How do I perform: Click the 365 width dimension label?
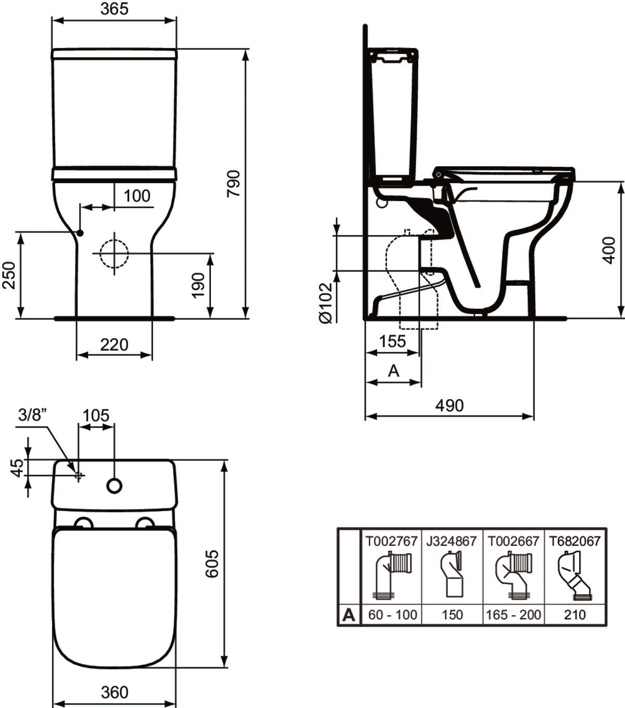(114, 9)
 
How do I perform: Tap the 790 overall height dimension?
(233, 183)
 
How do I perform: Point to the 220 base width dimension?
(114, 345)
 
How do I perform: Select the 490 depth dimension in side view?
(449, 405)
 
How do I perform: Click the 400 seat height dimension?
(609, 250)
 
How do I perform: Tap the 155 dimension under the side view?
(392, 341)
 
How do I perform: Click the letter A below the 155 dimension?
(393, 370)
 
